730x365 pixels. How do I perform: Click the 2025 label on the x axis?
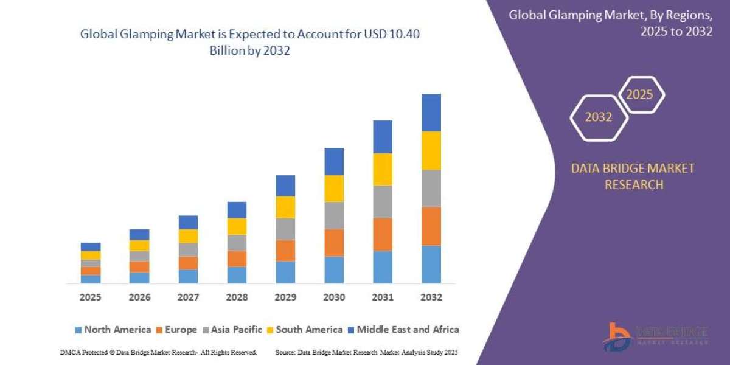click(90, 297)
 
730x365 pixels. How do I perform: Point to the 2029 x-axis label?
click(285, 297)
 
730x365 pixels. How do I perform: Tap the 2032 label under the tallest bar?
click(431, 297)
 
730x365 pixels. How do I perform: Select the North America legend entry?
click(113, 330)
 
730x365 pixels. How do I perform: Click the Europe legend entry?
click(176, 330)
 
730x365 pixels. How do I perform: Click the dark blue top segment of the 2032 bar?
click(431, 113)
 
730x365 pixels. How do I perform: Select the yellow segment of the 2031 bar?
click(383, 169)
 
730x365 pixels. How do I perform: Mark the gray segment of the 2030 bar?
click(334, 215)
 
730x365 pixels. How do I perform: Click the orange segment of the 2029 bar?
click(285, 251)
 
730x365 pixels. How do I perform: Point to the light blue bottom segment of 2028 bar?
click(237, 275)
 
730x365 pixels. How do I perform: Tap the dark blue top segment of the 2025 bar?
click(90, 247)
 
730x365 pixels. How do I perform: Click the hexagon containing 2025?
click(641, 95)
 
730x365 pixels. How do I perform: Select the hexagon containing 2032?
click(598, 117)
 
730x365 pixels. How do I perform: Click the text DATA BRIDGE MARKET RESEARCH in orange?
click(633, 176)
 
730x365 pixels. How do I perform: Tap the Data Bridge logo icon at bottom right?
click(616, 336)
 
